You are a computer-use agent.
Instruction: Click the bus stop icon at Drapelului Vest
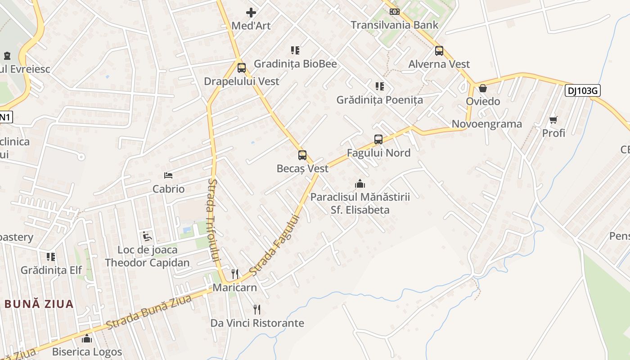click(242, 68)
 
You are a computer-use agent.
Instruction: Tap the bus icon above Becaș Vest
click(302, 155)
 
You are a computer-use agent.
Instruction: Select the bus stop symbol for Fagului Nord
click(378, 139)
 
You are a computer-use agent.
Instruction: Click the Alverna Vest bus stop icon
click(439, 51)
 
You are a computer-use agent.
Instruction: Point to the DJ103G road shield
click(583, 91)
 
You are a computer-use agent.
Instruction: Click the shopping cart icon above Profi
click(553, 120)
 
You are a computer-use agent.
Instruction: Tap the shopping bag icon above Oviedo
click(483, 88)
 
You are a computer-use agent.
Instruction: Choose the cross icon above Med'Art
click(251, 13)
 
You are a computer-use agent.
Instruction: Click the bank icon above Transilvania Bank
click(395, 11)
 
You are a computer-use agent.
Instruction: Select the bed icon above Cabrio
click(168, 175)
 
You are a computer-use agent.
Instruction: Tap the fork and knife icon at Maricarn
click(234, 274)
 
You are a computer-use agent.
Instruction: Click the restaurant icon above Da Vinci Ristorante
click(257, 310)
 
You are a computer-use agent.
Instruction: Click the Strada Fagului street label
click(274, 246)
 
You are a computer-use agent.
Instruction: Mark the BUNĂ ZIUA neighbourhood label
click(39, 304)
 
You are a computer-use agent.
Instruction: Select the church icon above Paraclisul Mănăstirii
click(360, 184)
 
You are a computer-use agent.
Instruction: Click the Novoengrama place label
click(487, 124)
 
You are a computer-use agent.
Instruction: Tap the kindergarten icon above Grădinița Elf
click(51, 257)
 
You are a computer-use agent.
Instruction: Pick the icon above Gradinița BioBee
click(295, 50)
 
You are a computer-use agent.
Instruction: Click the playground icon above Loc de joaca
click(147, 236)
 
